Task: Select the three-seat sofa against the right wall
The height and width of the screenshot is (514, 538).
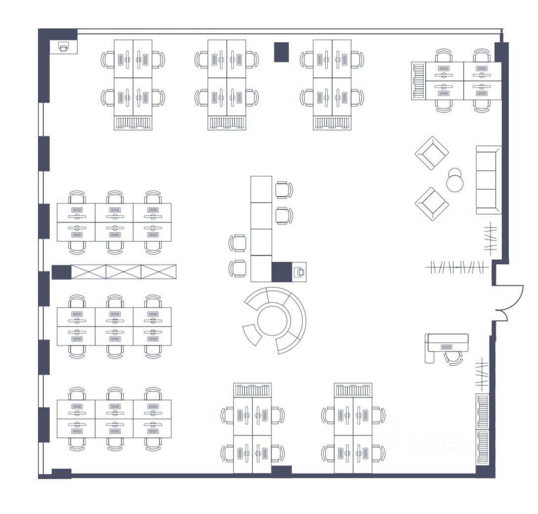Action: tap(488, 180)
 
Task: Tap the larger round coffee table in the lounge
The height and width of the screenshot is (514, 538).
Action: tap(455, 184)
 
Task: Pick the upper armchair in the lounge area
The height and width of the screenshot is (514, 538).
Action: tap(432, 153)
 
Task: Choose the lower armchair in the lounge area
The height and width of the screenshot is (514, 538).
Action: tap(432, 203)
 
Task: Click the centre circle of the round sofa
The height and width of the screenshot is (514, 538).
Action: tap(272, 319)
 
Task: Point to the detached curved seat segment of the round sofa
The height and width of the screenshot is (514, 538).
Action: tap(252, 334)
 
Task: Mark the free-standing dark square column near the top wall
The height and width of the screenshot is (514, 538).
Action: tap(281, 52)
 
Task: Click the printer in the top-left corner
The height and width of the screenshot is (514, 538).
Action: tap(63, 47)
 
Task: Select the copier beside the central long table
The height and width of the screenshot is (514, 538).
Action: tap(299, 272)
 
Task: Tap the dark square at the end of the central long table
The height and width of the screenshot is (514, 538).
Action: tap(281, 272)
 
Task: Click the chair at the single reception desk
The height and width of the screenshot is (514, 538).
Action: tap(453, 358)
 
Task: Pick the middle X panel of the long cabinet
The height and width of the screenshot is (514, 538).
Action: tap(124, 272)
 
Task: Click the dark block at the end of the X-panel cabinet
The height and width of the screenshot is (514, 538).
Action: tap(61, 272)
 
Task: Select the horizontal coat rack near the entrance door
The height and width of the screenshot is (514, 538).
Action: tap(457, 268)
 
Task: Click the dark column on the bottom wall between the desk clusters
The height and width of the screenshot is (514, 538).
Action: tap(281, 471)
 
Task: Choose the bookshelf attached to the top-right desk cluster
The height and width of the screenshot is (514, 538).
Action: tap(418, 81)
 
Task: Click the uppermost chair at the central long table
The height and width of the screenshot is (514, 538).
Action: tap(283, 189)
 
